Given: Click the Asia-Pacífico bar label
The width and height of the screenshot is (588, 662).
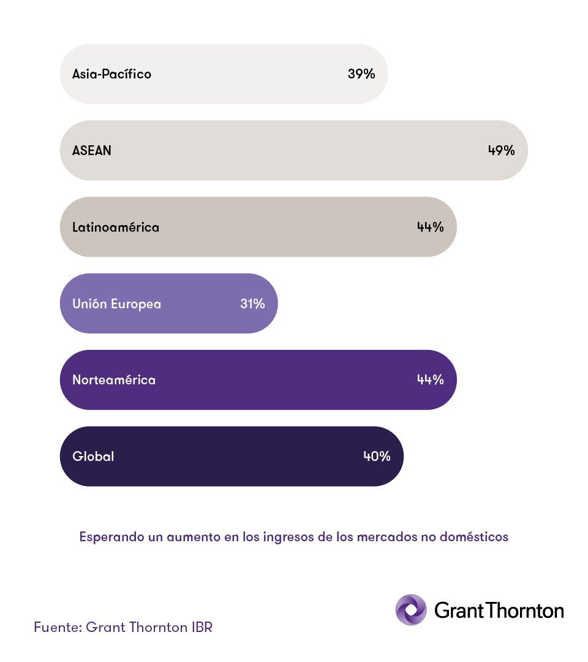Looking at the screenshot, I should [111, 74].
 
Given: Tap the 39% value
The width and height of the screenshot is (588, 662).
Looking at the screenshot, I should [361, 74].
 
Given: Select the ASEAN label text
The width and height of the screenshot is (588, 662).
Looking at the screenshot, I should [92, 150].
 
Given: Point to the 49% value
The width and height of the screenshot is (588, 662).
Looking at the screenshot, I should [501, 150].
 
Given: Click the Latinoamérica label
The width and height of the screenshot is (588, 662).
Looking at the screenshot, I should [116, 227].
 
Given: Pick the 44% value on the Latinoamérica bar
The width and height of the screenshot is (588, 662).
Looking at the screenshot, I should [430, 227].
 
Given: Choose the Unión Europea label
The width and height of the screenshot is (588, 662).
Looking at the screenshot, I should [116, 303].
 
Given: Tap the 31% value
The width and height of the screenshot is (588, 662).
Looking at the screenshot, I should [252, 303].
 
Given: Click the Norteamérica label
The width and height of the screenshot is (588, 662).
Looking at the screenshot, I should [114, 380].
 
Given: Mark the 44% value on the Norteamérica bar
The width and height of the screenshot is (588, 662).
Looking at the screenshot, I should [430, 380].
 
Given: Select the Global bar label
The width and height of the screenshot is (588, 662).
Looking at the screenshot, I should [93, 457].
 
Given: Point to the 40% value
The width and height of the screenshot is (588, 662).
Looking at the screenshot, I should [377, 457].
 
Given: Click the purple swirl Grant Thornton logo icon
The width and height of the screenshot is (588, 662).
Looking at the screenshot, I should [411, 610].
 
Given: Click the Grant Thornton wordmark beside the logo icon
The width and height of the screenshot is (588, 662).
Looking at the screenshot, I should [499, 611].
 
